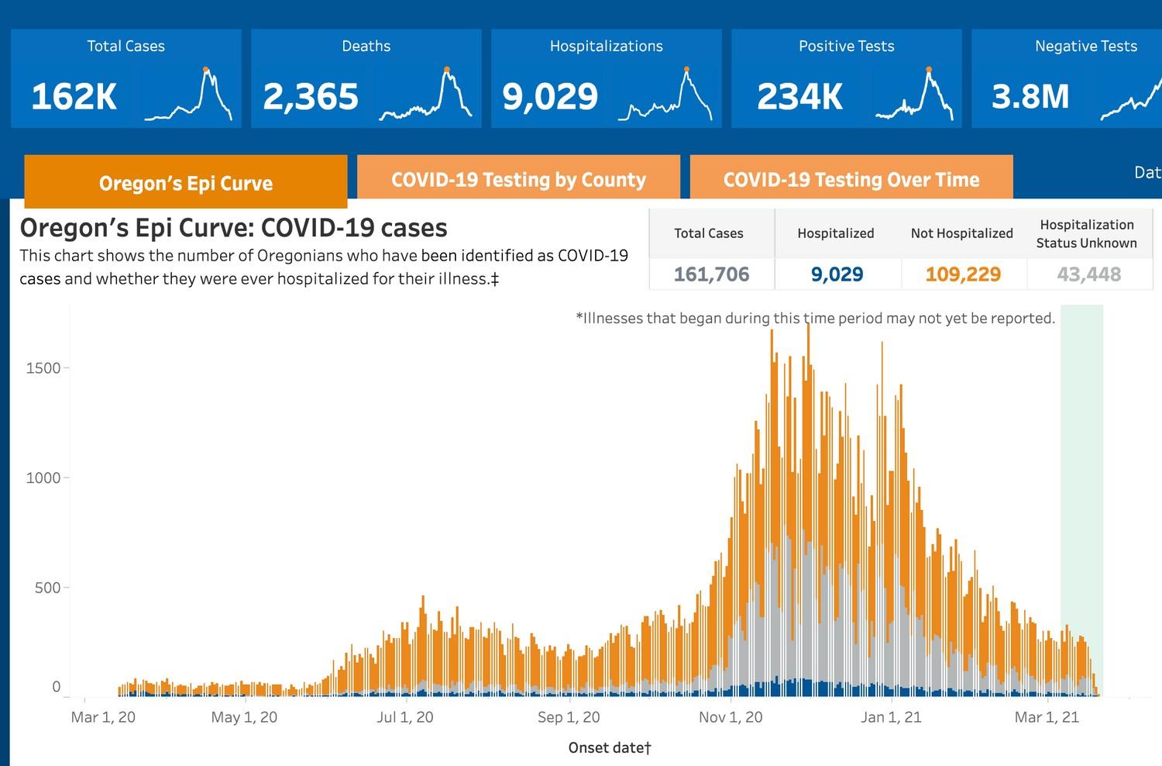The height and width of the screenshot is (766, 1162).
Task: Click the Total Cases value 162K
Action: point(74,97)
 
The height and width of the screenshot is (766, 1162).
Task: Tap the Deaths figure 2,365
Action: point(311,97)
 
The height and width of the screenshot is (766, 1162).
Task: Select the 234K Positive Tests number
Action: point(799,97)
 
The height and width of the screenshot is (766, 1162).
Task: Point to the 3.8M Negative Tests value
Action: point(1030,97)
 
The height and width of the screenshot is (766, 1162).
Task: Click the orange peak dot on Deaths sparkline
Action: point(447,70)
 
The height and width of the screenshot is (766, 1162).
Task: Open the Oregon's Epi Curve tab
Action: point(186,183)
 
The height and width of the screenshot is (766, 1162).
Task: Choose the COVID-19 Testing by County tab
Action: point(518,179)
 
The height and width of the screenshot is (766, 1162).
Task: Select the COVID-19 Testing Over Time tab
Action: point(851,179)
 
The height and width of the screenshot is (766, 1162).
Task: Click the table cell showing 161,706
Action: point(711,274)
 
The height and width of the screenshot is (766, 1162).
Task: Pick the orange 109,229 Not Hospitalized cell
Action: point(963,274)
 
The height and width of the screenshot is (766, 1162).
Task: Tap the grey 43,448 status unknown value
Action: point(1088,274)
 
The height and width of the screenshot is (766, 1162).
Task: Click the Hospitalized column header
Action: point(835,233)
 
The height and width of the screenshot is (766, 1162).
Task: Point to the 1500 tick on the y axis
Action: point(43,368)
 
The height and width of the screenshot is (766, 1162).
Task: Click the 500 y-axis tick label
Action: point(47,588)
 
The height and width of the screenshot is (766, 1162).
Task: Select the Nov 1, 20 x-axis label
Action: point(731,717)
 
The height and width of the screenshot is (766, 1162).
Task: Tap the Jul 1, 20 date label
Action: point(404,717)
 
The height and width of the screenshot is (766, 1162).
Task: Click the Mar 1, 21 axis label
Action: point(1047,717)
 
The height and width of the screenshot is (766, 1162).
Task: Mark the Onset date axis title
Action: point(610,747)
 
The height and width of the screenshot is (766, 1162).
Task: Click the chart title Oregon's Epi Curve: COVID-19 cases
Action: point(233,228)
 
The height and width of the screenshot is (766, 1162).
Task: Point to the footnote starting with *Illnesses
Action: point(815,318)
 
